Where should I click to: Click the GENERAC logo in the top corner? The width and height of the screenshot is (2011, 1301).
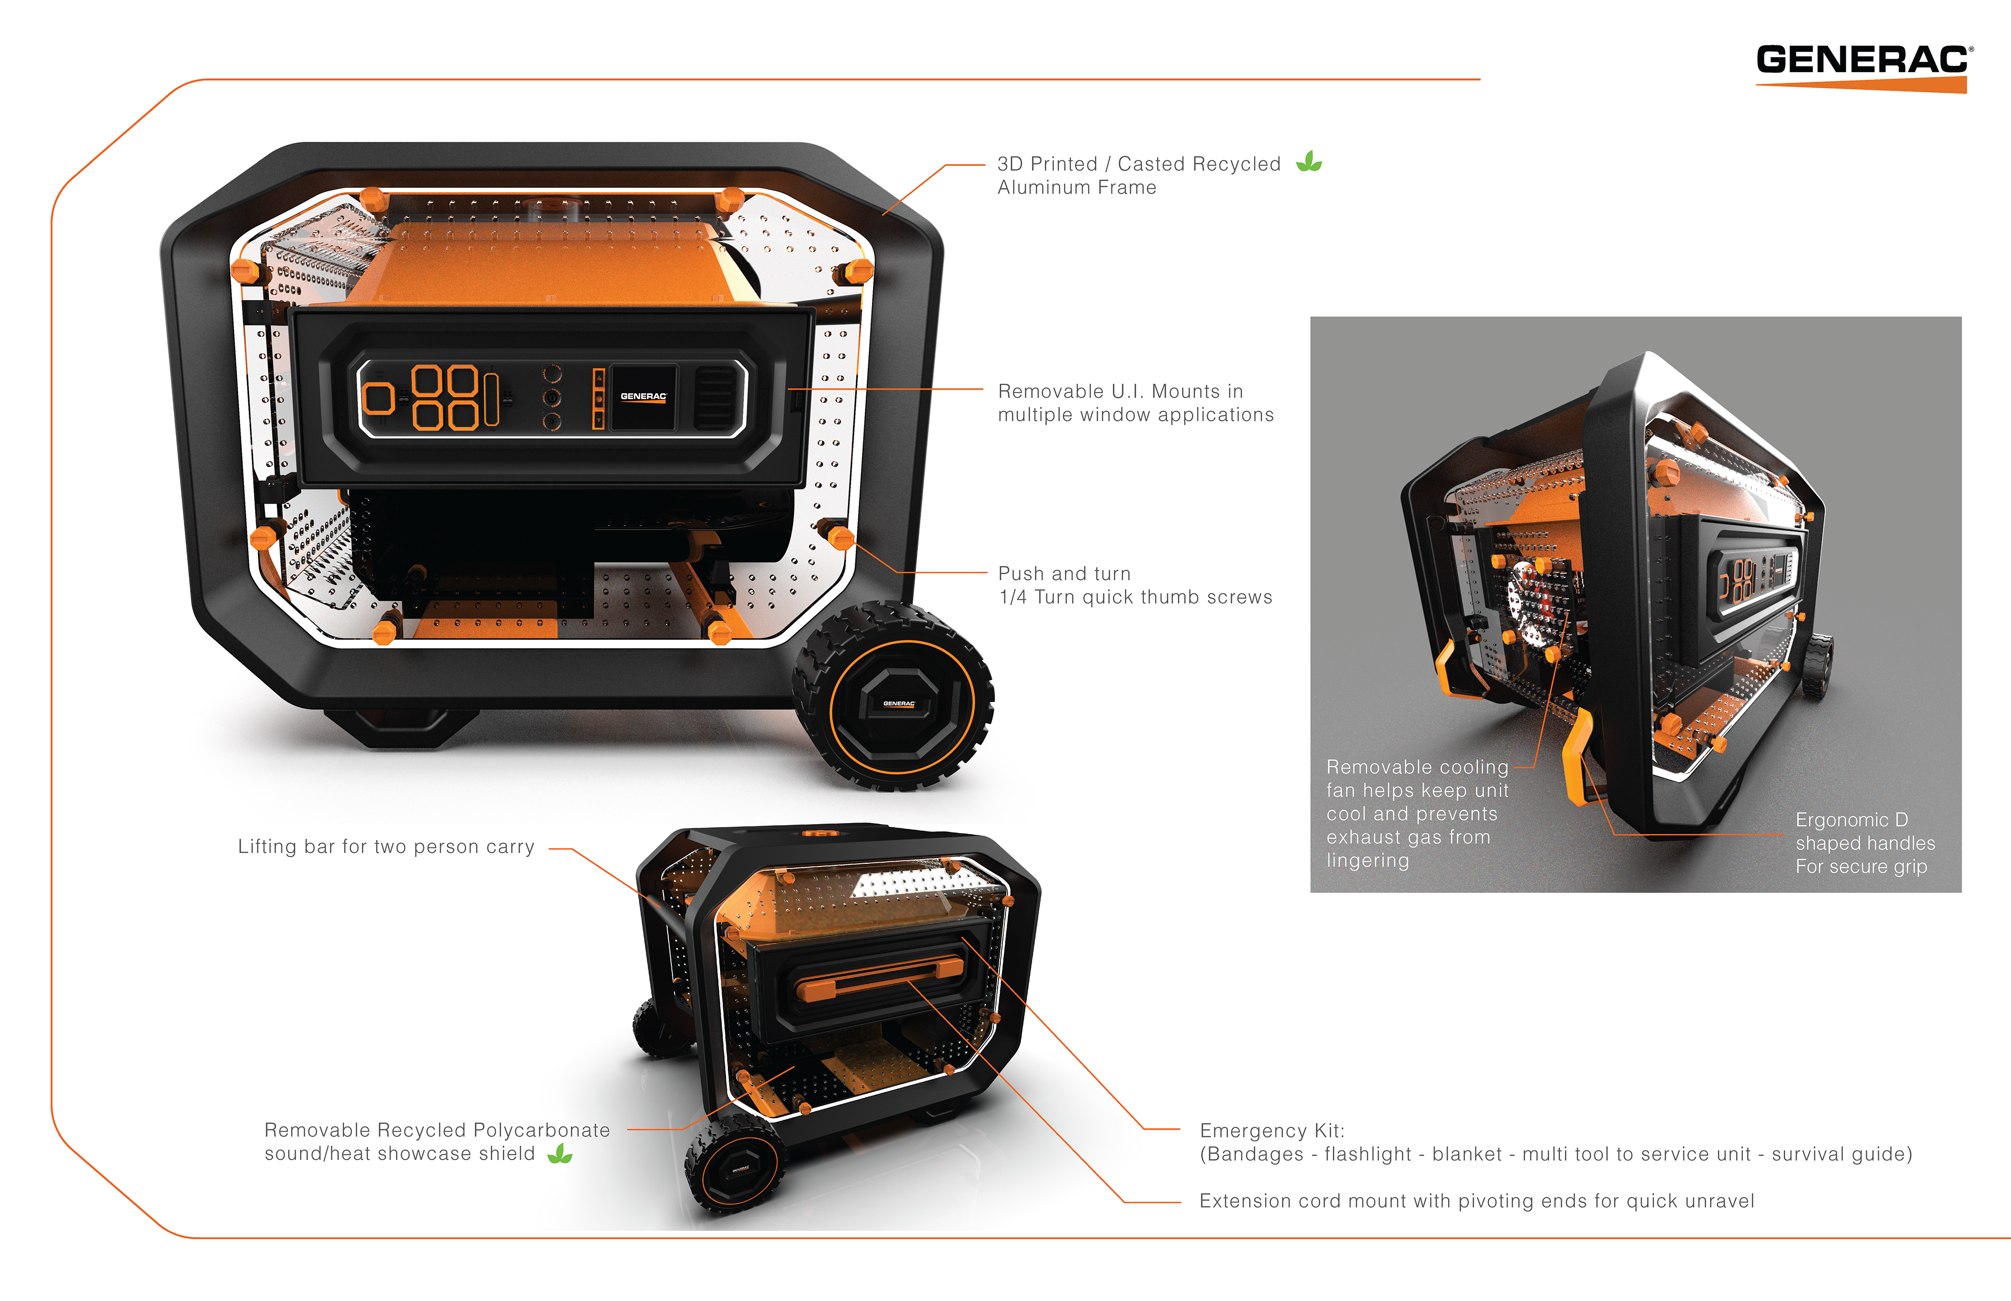coord(1864,68)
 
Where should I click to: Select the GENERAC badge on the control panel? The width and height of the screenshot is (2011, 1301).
coord(643,396)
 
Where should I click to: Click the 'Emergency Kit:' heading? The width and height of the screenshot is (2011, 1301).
coord(1272,1130)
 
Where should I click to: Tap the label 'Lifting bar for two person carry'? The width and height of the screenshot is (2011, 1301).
coord(386,847)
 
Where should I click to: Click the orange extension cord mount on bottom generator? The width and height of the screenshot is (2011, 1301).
coord(880,977)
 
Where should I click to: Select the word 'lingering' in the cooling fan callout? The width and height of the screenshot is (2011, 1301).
coord(1367,861)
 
